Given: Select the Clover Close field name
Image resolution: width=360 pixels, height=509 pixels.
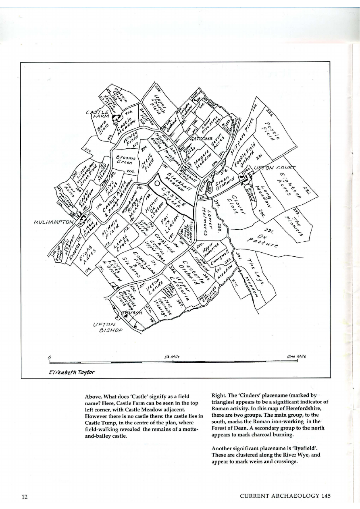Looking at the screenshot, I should point(234,202).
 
